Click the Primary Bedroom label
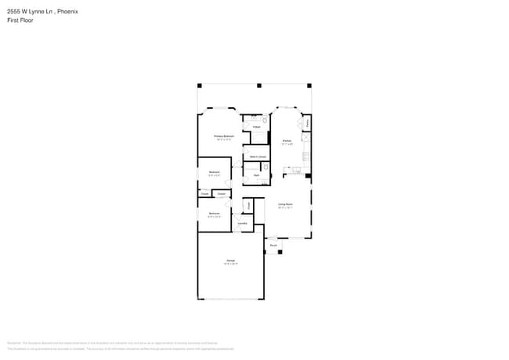coord(225,136)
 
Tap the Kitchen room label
coord(287,141)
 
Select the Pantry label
coord(307,123)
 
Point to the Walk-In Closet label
coord(257,157)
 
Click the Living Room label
coord(285,204)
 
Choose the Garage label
coord(230,260)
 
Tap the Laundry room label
coord(243,224)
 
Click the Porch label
coord(273,246)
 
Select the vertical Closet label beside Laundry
coord(248,206)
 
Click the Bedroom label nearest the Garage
coord(214,212)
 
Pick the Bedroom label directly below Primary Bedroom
coord(214,171)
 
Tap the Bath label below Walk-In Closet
coord(257,175)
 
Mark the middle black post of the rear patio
coord(254,85)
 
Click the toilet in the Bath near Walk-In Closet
coord(266,168)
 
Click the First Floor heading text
coord(20,20)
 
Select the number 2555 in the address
coord(14,12)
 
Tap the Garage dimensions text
coord(230,264)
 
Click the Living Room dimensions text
coord(285,208)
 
